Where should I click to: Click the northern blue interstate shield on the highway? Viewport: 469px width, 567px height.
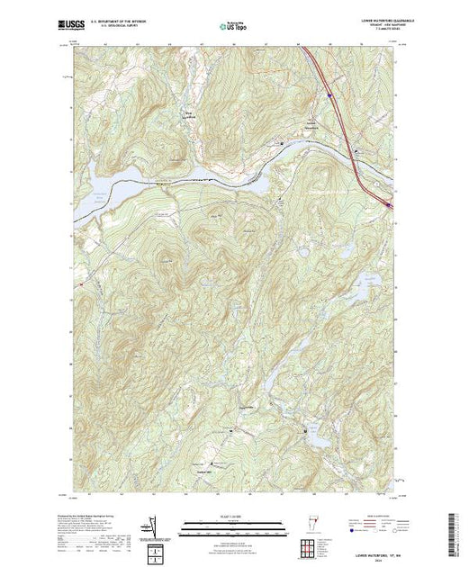[x=329, y=93]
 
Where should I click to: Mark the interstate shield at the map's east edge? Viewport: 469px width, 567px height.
[x=390, y=206]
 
